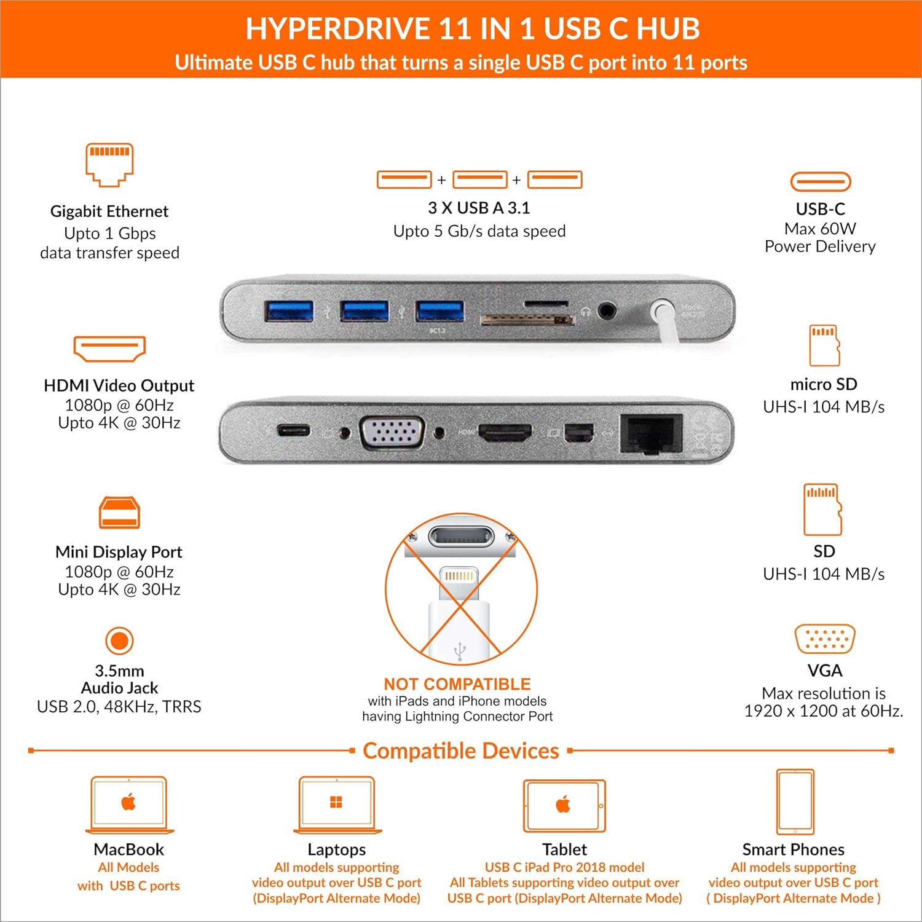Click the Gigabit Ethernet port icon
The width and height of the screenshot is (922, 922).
pyautogui.click(x=109, y=165)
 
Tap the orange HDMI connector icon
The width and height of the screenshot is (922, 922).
pyautogui.click(x=109, y=349)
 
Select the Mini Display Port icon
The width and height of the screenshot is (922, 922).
pyautogui.click(x=119, y=513)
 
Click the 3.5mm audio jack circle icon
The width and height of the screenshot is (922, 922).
pyautogui.click(x=119, y=640)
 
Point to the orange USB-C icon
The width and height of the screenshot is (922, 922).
pyautogui.click(x=820, y=182)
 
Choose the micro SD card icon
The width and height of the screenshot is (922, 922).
pyautogui.click(x=824, y=345)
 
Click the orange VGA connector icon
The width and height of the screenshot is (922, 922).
pyautogui.click(x=824, y=639)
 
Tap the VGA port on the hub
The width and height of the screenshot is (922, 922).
pyautogui.click(x=392, y=432)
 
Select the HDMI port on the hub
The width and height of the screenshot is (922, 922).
pyautogui.click(x=505, y=433)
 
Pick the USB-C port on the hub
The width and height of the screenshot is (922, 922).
pyautogui.click(x=293, y=430)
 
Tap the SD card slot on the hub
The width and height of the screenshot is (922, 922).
pyautogui.click(x=527, y=320)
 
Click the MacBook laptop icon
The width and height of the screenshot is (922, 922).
pyautogui.click(x=128, y=804)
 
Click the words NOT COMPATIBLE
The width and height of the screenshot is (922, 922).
pyautogui.click(x=457, y=684)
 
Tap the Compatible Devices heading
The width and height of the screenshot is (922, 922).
pyautogui.click(x=460, y=751)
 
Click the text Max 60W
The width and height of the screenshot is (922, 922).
pyautogui.click(x=820, y=229)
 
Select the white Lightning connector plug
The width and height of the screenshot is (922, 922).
pyautogui.click(x=459, y=615)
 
